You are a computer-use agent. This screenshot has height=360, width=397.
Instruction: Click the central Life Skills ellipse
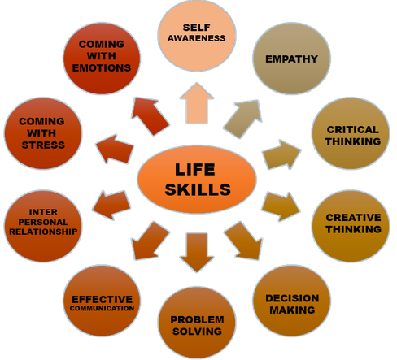[x=197, y=180]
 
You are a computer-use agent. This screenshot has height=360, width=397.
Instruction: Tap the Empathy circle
[x=291, y=59]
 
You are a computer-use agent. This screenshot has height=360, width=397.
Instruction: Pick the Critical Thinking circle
[x=351, y=133]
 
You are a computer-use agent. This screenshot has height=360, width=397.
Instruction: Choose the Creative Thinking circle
[x=351, y=226]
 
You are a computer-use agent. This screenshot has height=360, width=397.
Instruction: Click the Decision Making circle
[x=292, y=301]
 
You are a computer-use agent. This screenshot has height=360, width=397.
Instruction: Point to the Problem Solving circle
[x=197, y=323]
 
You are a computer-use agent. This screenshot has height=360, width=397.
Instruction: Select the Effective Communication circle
[x=102, y=301]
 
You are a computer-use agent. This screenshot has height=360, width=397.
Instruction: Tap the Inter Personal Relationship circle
[x=43, y=226]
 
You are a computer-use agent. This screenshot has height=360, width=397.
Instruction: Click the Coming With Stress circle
[x=43, y=133]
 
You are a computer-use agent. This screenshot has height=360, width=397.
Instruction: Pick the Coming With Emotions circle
[x=102, y=59]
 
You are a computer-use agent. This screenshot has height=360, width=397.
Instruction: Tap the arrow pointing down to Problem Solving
[x=197, y=250]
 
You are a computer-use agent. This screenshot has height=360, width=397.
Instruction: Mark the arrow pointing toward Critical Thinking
[x=282, y=154]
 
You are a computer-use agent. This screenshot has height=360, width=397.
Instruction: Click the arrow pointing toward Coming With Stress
[x=116, y=149]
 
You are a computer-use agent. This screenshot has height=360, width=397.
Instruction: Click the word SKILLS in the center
[x=198, y=189]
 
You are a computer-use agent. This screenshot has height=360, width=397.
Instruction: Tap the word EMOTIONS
[x=102, y=67]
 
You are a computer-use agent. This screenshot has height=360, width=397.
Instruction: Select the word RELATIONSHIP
[x=43, y=232]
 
